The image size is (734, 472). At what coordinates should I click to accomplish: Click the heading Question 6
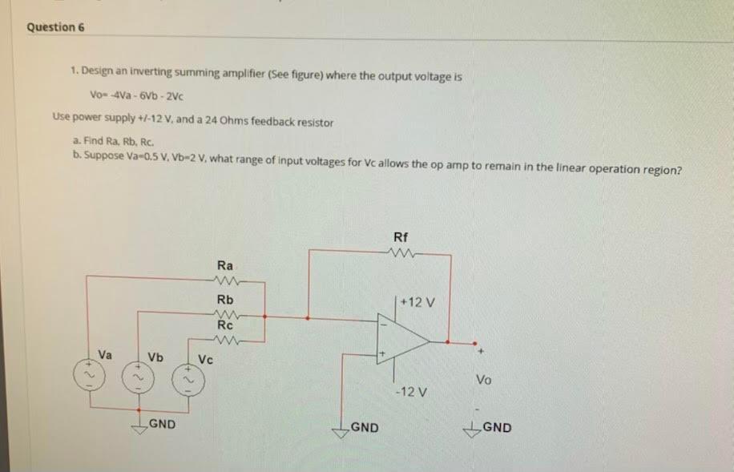click(x=55, y=27)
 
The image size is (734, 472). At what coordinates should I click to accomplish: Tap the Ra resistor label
click(x=225, y=264)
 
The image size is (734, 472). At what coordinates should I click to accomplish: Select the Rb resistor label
click(x=225, y=298)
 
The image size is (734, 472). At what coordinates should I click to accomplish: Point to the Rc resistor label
click(x=225, y=325)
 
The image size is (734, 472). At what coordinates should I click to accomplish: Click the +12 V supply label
click(x=417, y=303)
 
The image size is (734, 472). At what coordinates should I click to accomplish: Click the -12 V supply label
click(x=411, y=393)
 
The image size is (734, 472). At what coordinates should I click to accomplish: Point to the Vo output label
click(x=484, y=380)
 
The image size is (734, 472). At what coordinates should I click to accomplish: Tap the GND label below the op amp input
click(x=364, y=427)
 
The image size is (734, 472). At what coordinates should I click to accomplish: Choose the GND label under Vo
click(x=497, y=427)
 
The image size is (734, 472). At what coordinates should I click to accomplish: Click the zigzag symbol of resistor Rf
click(x=400, y=256)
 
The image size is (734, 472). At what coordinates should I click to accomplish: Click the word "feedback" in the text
click(x=270, y=123)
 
